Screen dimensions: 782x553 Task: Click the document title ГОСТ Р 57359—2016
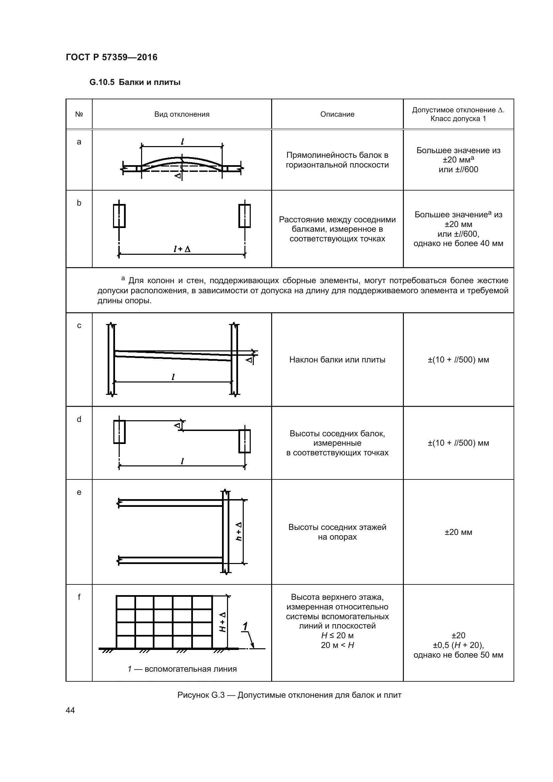pyautogui.click(x=111, y=57)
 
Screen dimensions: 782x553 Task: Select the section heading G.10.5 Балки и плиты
pyautogui.click(x=135, y=83)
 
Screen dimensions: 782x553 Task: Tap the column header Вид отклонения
pyautogui.click(x=182, y=114)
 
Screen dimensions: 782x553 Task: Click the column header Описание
pyautogui.click(x=337, y=114)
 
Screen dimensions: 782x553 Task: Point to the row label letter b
pyautogui.click(x=79, y=203)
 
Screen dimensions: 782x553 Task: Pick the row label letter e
pyautogui.click(x=79, y=492)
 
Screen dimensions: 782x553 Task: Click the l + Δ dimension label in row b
pyautogui.click(x=182, y=249)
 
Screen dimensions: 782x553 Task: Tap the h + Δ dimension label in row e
pyautogui.click(x=239, y=531)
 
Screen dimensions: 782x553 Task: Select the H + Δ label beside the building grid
pyautogui.click(x=223, y=622)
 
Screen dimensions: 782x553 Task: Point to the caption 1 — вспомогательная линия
pyautogui.click(x=182, y=669)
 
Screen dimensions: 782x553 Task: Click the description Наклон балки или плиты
pyautogui.click(x=337, y=360)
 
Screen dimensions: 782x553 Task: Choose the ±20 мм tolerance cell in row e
pyautogui.click(x=458, y=532)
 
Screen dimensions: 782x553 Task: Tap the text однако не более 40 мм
pyautogui.click(x=458, y=243)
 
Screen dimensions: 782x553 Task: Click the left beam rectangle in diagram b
pyautogui.click(x=119, y=216)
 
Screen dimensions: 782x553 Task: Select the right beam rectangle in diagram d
pyautogui.click(x=244, y=441)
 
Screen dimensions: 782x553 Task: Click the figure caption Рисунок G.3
pyautogui.click(x=289, y=695)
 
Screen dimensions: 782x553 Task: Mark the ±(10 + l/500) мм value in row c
pyautogui.click(x=458, y=360)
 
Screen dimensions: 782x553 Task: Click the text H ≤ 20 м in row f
pyautogui.click(x=337, y=635)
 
